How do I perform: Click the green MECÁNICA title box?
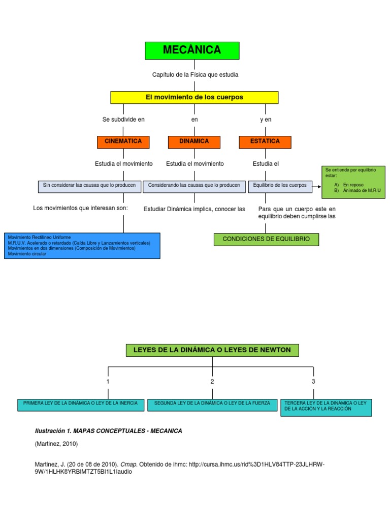click(192, 50)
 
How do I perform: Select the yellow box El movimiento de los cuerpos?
click(194, 97)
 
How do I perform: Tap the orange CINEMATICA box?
click(123, 142)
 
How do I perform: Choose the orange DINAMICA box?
click(194, 142)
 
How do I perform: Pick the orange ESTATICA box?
click(265, 142)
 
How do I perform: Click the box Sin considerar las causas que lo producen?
click(89, 186)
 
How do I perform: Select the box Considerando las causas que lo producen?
click(194, 186)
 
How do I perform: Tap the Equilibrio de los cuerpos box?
click(280, 186)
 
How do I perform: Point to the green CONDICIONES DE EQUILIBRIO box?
click(267, 239)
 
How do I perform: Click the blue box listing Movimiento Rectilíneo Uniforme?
click(82, 246)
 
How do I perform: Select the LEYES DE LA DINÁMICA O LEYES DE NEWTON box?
click(212, 350)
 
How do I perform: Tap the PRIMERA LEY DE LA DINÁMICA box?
click(81, 404)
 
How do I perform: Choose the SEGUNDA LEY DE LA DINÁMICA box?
click(212, 404)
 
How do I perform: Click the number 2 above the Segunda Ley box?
click(212, 381)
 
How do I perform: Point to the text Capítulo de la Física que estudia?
click(195, 75)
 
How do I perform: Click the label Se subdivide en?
click(123, 120)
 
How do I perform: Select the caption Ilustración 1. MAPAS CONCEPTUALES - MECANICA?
click(108, 431)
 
